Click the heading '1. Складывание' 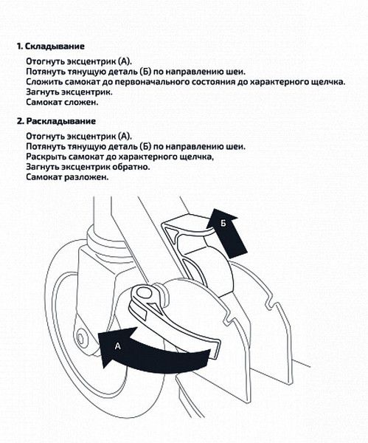pyautogui.click(x=51, y=47)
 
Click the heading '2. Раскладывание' pyautogui.click(x=57, y=121)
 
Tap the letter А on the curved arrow pyautogui.click(x=118, y=346)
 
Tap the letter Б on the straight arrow pyautogui.click(x=223, y=223)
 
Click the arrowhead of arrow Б pyautogui.click(x=221, y=218)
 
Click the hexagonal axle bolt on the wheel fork pyautogui.click(x=81, y=338)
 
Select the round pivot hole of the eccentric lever pyautogui.click(x=144, y=292)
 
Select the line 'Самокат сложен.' pyautogui.click(x=63, y=103)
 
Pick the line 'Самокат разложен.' pyautogui.click(x=67, y=177)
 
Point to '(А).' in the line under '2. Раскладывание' pyautogui.click(x=125, y=136)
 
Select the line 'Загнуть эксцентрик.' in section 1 pyautogui.click(x=69, y=92)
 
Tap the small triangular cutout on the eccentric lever pyautogui.click(x=151, y=306)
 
